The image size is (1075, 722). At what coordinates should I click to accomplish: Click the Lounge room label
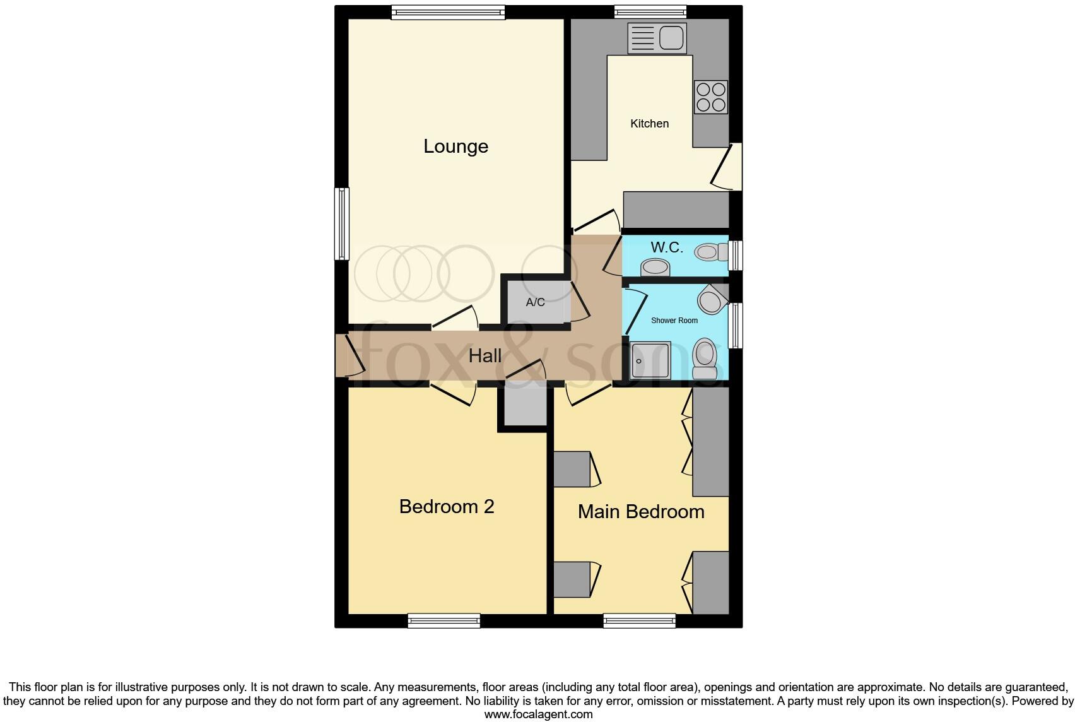coord(455,146)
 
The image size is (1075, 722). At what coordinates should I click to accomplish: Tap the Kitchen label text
coord(649,124)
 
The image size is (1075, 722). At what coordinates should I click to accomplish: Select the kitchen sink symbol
coord(657,38)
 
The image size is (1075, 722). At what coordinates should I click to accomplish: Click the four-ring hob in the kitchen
coord(711,97)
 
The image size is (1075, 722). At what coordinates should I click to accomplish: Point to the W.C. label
coord(666,247)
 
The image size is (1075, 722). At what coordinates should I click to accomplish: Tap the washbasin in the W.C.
coord(655,268)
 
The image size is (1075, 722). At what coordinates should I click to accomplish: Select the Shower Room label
coord(674,321)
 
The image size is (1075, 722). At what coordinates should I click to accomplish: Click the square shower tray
coord(650,360)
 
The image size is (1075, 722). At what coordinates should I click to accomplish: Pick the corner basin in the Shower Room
coord(712,299)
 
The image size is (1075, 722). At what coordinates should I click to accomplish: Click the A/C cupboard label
coord(535,302)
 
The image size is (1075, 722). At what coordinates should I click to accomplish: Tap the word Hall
coord(485,356)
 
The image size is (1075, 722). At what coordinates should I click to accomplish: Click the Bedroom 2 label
coord(446,507)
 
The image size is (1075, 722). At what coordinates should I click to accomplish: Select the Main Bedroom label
coord(641,512)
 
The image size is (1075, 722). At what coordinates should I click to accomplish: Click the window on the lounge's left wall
coord(341,223)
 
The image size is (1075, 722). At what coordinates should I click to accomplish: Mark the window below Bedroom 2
coord(444,621)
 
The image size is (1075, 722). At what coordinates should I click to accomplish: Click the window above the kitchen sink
coord(650,11)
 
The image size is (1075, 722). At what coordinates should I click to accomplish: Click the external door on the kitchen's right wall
coord(731,166)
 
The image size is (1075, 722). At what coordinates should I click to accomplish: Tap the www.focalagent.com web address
coord(538,714)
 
